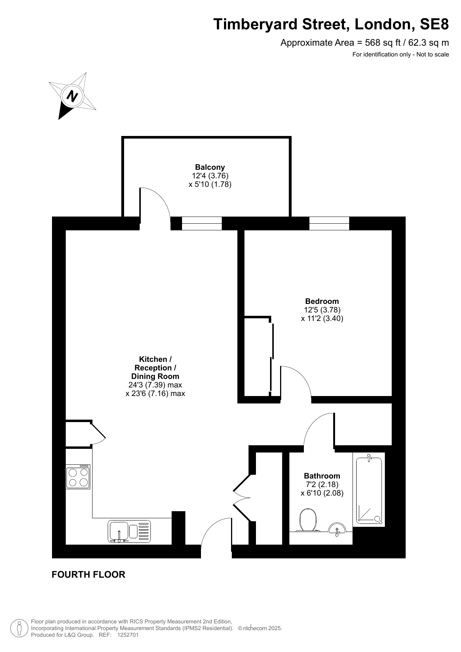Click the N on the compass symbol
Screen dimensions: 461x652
[72, 96]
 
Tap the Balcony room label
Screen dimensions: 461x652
[210, 167]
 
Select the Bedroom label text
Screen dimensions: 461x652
[322, 301]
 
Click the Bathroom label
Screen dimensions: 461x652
[322, 476]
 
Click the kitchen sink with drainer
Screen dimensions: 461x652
[130, 531]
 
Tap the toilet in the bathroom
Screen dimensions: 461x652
[308, 520]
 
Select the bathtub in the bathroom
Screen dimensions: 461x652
[369, 490]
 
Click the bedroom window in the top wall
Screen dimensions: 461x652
[329, 223]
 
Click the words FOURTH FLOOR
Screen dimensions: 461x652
[88, 575]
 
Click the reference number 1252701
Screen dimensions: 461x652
[128, 635]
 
